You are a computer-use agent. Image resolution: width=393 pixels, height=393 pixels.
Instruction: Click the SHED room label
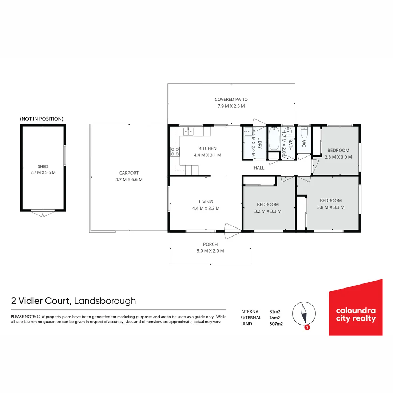click(43, 167)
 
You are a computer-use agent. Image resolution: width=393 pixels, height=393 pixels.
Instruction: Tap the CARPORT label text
click(129, 173)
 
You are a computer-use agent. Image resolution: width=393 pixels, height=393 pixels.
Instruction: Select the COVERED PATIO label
click(231, 99)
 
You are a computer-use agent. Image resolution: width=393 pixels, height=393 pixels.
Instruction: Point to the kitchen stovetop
click(175, 151)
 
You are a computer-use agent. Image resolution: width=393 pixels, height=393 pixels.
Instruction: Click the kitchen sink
click(188, 131)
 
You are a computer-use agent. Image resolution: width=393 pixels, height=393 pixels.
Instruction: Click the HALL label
click(259, 168)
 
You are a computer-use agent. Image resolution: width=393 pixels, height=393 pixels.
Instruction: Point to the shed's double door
click(43, 213)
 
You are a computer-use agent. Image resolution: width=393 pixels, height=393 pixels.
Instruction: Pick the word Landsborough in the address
click(105, 301)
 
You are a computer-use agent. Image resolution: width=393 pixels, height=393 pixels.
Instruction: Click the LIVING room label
click(206, 202)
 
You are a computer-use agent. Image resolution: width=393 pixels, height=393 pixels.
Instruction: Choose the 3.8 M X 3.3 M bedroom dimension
click(331, 207)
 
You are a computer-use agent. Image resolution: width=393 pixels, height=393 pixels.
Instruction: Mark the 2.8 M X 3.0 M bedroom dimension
click(338, 157)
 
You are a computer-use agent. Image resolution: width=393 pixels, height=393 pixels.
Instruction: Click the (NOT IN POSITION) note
click(41, 119)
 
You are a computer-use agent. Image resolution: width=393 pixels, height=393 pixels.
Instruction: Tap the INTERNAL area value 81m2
click(275, 312)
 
